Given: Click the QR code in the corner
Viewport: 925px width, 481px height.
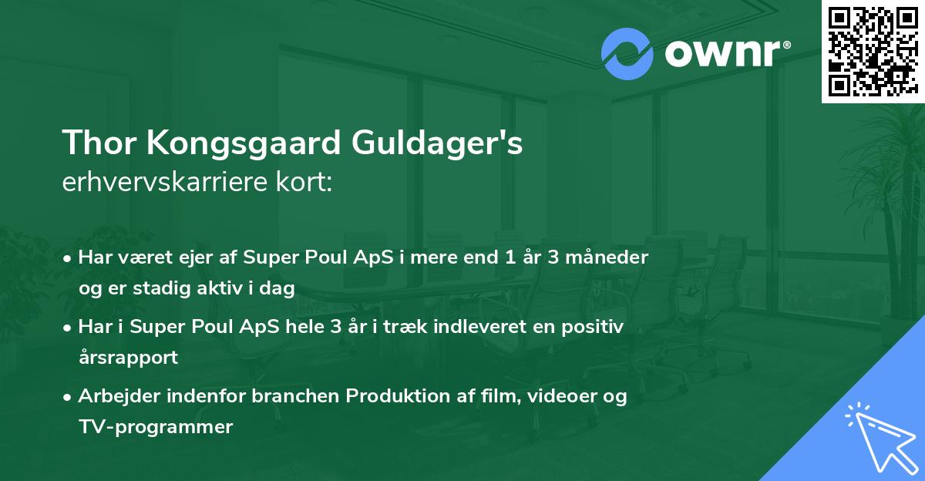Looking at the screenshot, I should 873,51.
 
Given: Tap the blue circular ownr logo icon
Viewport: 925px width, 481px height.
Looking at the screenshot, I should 627,54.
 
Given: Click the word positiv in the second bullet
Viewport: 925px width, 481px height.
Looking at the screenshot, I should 596,327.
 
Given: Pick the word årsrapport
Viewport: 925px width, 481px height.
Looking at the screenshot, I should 128,357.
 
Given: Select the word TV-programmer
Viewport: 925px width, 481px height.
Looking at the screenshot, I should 155,426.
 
